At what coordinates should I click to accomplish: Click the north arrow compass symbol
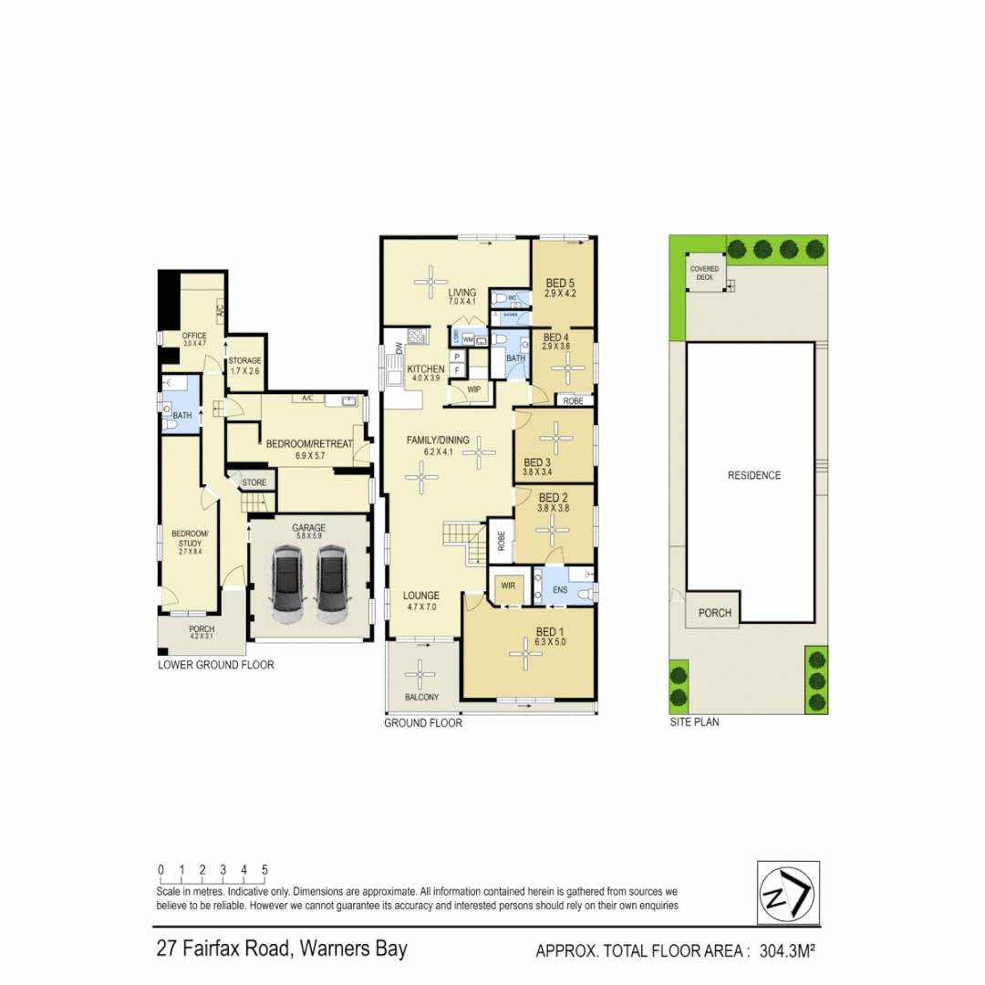point(788,892)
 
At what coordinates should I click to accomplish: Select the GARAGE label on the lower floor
point(308,528)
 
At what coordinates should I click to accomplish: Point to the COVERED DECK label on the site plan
point(704,274)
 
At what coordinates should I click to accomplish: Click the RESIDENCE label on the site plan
point(753,475)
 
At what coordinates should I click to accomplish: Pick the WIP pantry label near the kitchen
point(474,389)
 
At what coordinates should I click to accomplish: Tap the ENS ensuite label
point(560,590)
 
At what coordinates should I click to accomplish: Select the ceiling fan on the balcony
point(420,676)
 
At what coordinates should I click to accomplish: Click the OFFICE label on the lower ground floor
point(194,336)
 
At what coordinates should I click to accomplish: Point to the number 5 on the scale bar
point(264,870)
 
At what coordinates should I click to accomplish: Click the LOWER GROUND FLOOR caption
point(215,665)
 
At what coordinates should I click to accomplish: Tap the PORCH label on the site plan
point(715,613)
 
